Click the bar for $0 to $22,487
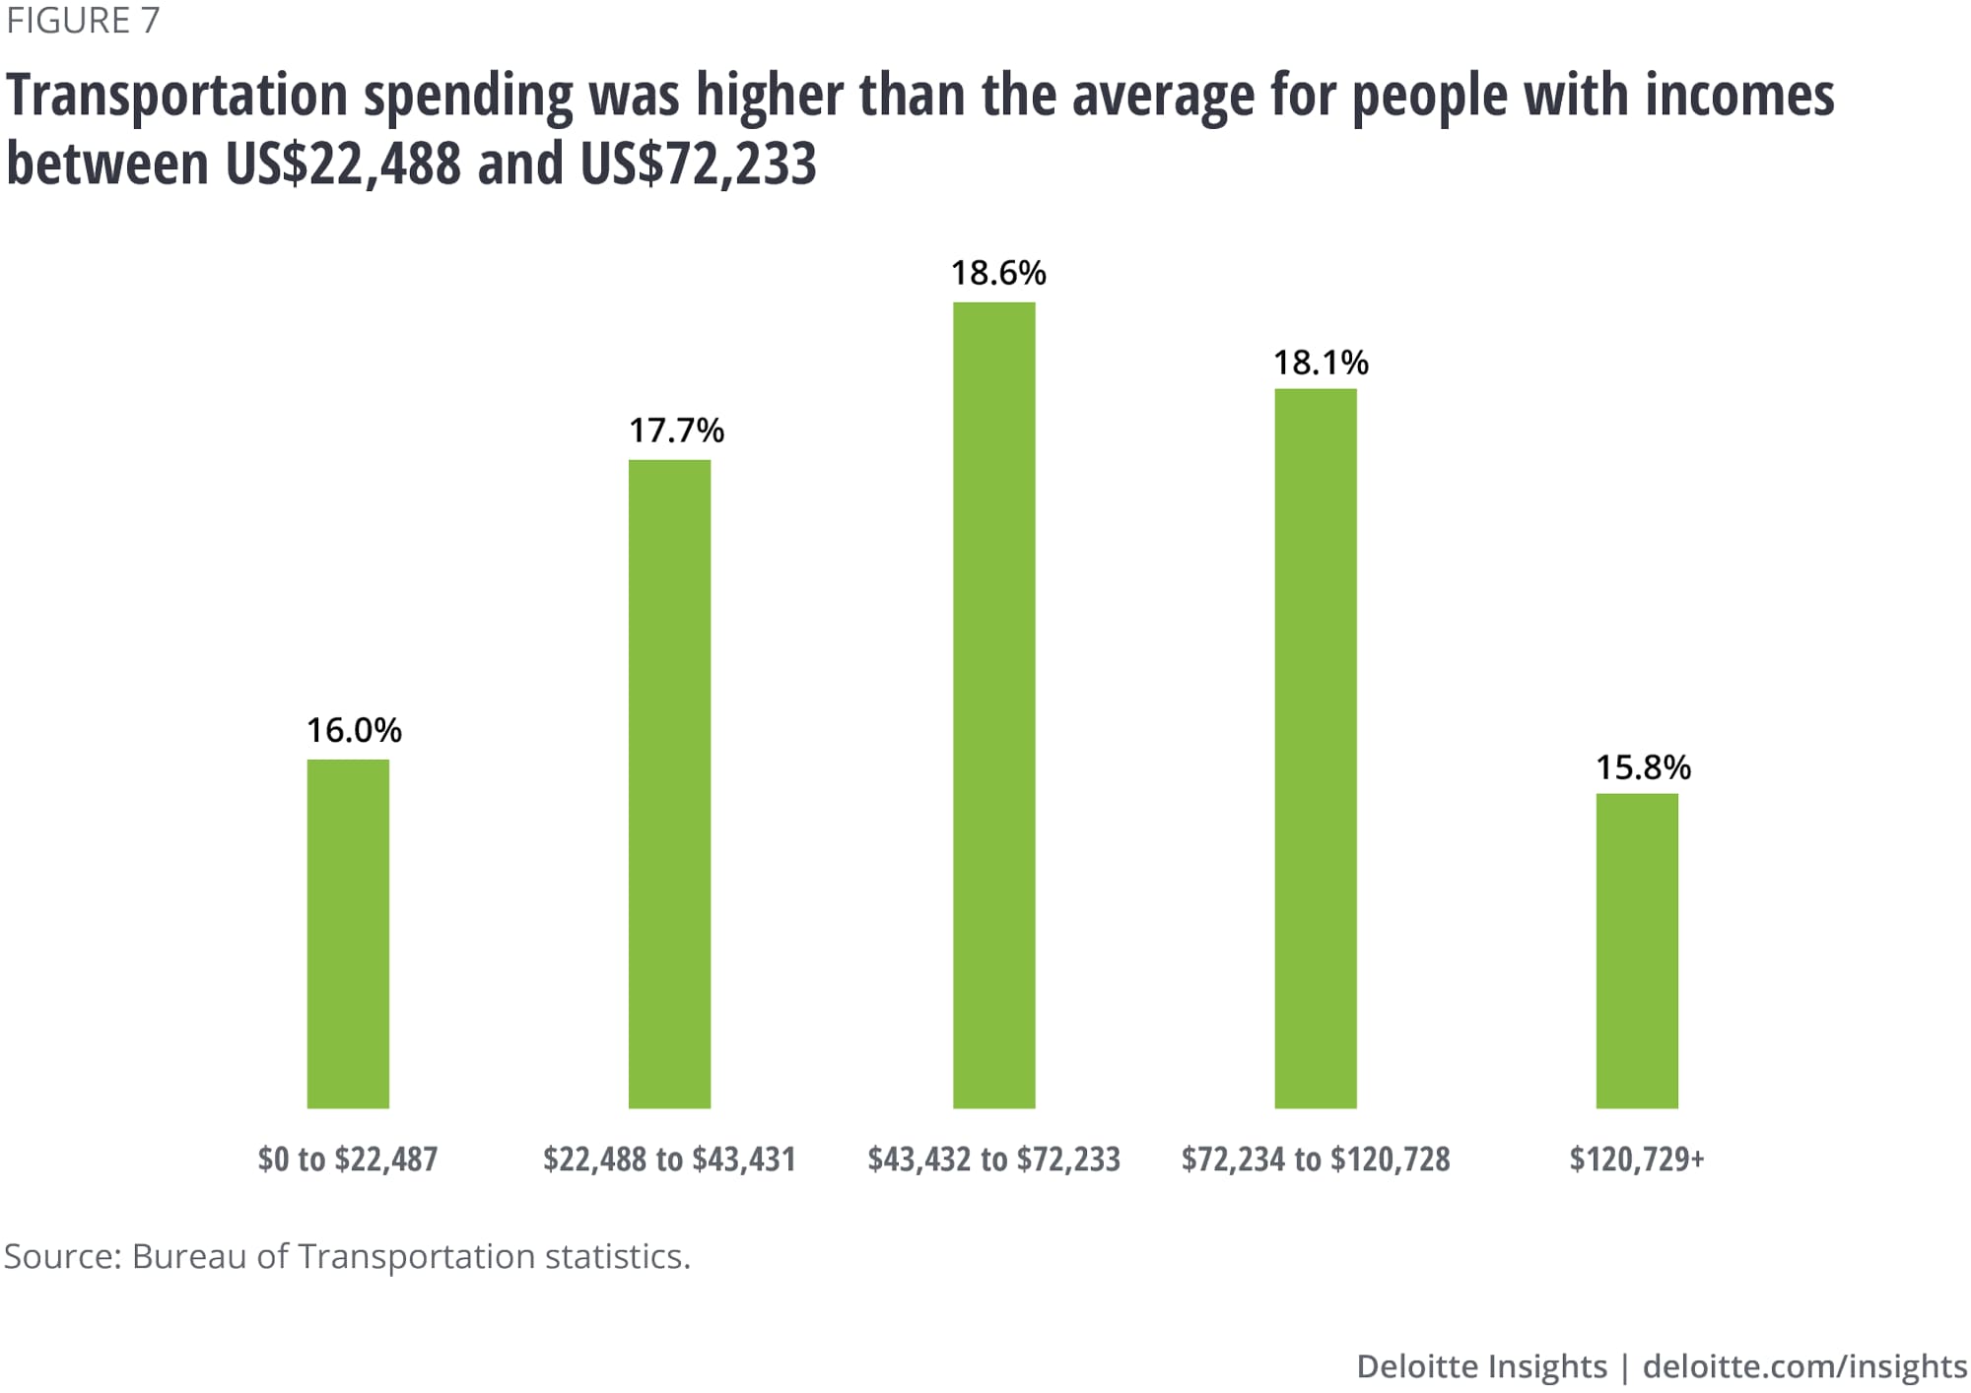(348, 933)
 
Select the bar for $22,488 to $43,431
(669, 783)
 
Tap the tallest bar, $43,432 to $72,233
(993, 704)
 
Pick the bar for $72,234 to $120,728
(1315, 748)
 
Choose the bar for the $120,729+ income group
(1637, 951)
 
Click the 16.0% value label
(354, 730)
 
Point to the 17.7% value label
(676, 431)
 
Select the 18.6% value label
(998, 273)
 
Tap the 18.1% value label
(1321, 363)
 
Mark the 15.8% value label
(1643, 767)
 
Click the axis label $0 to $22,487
(348, 1159)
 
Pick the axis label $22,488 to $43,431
(669, 1159)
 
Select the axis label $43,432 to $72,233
(993, 1159)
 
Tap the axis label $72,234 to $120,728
(1316, 1159)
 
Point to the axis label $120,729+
(1637, 1159)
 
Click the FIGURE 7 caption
(83, 21)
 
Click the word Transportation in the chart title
(177, 96)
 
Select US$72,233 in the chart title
(698, 163)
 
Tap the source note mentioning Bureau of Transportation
(347, 1256)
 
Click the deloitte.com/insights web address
(1804, 1366)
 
